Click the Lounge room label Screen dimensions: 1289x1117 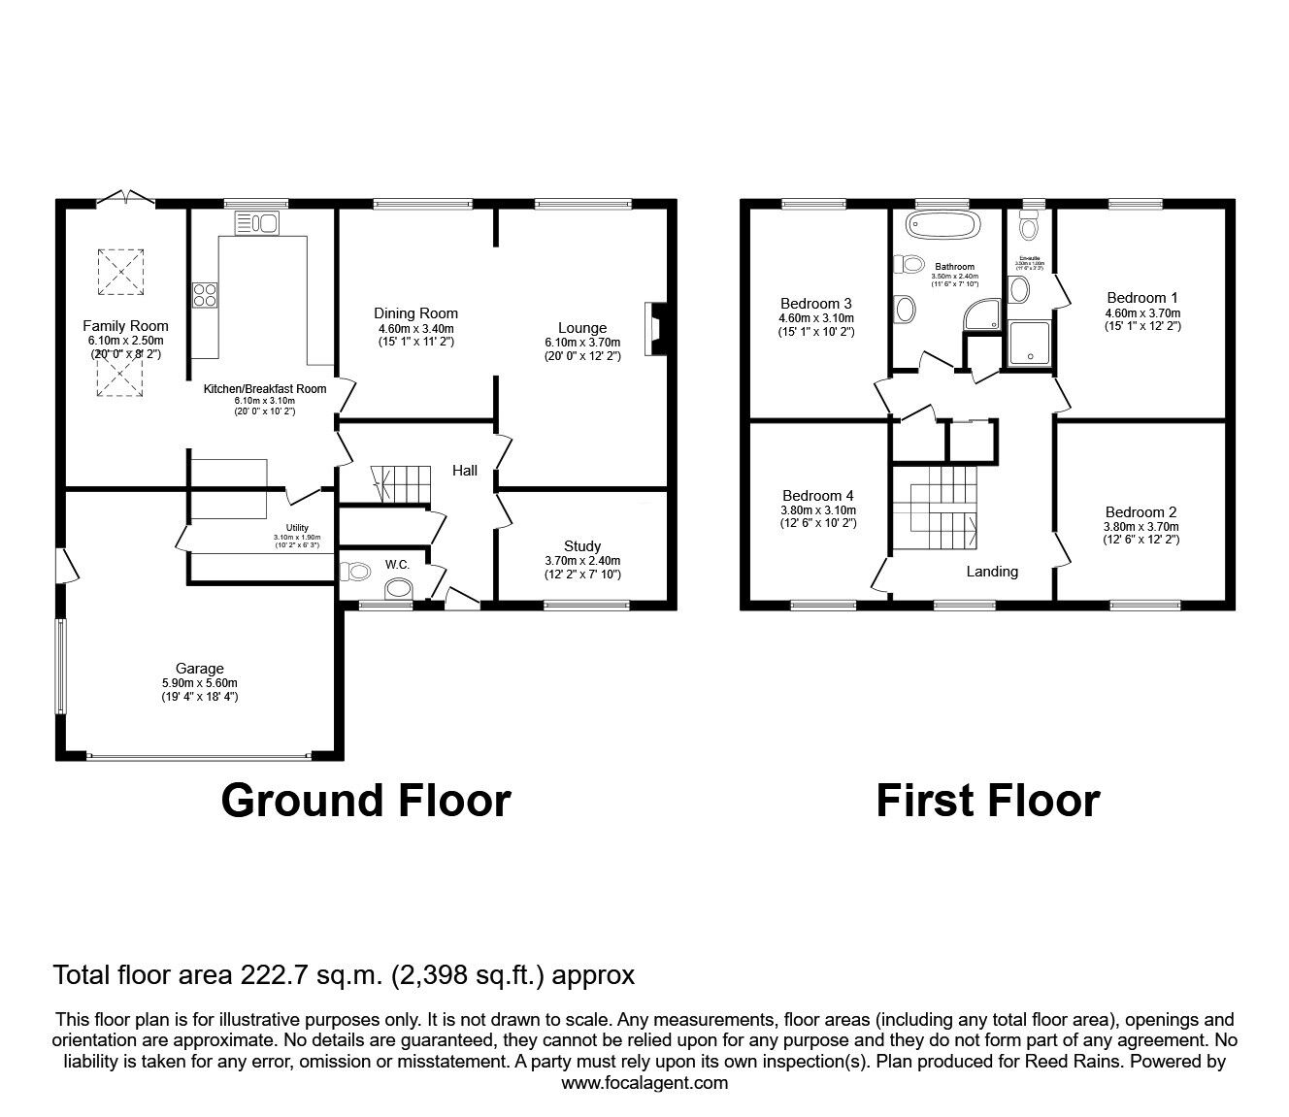[x=582, y=328]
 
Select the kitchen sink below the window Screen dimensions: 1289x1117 [x=256, y=224]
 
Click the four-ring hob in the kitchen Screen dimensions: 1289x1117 [x=205, y=294]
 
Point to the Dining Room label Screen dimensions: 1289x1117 [x=415, y=313]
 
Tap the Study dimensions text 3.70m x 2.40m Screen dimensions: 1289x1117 [x=581, y=560]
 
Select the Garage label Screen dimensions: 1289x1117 [x=200, y=668]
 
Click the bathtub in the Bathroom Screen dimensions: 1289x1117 [x=937, y=226]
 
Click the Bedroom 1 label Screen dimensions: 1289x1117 [x=1136, y=298]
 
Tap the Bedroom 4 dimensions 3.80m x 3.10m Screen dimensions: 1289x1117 [x=816, y=509]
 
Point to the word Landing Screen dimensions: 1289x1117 [x=992, y=572]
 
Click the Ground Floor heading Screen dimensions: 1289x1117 [x=366, y=801]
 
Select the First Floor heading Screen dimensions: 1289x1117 [x=987, y=801]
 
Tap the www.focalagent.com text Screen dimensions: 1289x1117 [x=644, y=1083]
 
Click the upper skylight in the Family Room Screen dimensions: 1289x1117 [x=121, y=272]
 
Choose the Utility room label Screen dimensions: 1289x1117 [x=297, y=527]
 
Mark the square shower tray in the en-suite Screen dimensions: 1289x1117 [x=1029, y=345]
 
